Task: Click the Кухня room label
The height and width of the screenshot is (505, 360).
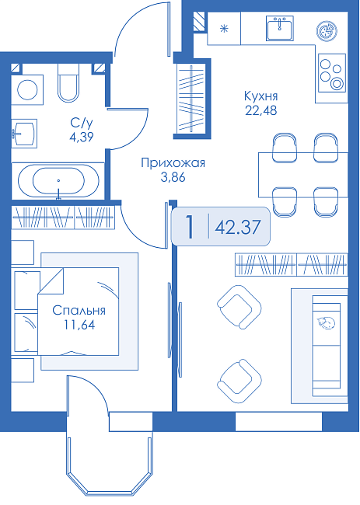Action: (260, 96)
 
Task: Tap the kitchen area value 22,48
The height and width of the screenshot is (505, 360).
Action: (261, 110)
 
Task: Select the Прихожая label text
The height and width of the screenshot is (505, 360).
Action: (173, 163)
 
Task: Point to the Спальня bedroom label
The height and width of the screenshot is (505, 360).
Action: (79, 310)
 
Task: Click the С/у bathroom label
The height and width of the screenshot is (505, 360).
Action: (82, 123)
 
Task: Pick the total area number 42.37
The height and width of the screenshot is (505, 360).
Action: (237, 227)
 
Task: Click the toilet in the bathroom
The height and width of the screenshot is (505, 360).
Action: (68, 82)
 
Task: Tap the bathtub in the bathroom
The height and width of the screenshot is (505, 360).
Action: (58, 181)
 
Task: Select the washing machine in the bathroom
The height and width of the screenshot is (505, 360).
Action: (27, 90)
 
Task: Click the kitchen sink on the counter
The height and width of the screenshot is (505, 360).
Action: (280, 28)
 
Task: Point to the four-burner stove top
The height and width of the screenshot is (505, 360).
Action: (332, 73)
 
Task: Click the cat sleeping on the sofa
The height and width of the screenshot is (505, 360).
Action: (326, 322)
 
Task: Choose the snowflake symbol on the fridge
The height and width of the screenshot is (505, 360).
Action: (224, 29)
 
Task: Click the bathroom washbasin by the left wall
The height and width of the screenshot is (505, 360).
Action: (24, 134)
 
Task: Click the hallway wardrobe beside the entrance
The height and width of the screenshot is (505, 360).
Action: (192, 99)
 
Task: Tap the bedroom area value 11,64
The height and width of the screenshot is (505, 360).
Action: (79, 325)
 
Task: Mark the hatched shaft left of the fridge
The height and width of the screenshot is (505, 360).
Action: (200, 22)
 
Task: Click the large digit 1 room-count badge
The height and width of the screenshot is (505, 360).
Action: (190, 227)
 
